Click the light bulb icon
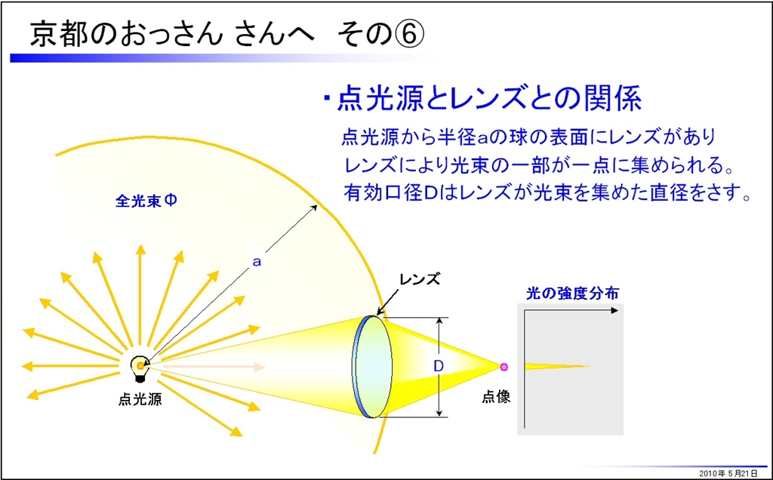140,368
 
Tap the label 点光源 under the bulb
140,399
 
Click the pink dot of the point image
504,367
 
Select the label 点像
496,397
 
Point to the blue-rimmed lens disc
372,367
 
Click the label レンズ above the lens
419,279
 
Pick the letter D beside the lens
439,366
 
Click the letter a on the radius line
257,262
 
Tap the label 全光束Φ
146,201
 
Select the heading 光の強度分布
572,294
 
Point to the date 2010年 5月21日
730,473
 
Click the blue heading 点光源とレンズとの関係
489,99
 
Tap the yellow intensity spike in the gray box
557,366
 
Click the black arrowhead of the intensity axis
614,310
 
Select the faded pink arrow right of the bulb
213,367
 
